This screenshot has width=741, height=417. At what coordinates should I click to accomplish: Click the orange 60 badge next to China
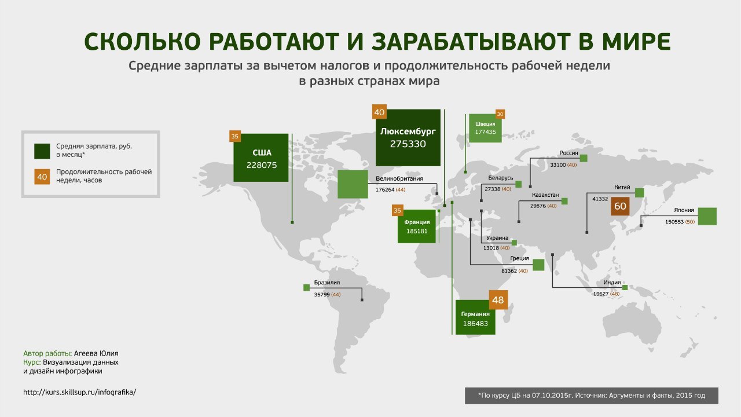pos(620,206)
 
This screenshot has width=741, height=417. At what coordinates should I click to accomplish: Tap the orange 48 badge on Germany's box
pos(498,300)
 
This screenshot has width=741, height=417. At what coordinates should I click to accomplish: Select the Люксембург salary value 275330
pos(408,144)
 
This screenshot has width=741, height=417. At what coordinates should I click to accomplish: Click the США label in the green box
pos(262,153)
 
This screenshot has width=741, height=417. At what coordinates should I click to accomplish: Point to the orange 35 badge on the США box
pos(235,136)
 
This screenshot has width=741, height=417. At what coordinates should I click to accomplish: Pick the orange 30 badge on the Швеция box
pos(500,114)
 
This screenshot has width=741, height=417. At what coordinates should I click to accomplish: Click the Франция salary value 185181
pos(417,231)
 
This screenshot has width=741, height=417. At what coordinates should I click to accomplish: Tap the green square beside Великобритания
pos(353,184)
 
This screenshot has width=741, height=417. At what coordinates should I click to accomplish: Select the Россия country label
pos(568,153)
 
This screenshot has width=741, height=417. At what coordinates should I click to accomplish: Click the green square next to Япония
pos(707,217)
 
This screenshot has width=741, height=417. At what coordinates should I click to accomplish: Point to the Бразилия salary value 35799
pos(321,295)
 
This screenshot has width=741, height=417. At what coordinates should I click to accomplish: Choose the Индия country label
pos(612,283)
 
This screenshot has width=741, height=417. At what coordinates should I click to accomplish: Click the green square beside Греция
pos(538,265)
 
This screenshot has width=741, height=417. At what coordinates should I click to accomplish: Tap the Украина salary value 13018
pos(491,248)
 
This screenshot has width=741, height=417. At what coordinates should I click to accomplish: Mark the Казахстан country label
pos(545,195)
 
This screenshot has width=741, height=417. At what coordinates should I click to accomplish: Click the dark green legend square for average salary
pos(42,151)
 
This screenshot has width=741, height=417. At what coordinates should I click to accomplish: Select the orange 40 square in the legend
pos(42,177)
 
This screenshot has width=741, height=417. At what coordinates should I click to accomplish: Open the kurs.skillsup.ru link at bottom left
pos(80,393)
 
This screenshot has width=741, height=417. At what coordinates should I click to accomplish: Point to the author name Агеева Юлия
pos(96,353)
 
